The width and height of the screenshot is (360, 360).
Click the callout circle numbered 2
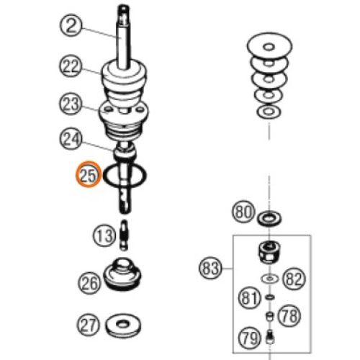71,25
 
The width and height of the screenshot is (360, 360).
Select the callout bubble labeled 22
71,66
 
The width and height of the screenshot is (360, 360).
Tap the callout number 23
71,104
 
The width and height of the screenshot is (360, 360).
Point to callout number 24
71,139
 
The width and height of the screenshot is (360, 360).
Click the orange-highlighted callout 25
89,175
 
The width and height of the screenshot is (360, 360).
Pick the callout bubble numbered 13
104,235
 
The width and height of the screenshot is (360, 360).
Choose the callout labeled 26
89,283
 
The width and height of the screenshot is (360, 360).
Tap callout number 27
88,325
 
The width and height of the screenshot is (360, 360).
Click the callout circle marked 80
243,212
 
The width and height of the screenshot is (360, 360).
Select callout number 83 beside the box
210,268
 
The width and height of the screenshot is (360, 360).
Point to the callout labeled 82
294,279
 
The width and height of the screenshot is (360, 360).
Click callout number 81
250,297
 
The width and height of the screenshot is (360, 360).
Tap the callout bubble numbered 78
289,316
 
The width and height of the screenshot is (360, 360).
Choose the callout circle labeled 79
250,338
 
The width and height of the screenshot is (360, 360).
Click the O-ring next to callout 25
104,176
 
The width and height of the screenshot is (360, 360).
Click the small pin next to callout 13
124,235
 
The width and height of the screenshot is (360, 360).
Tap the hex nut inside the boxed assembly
269,253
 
